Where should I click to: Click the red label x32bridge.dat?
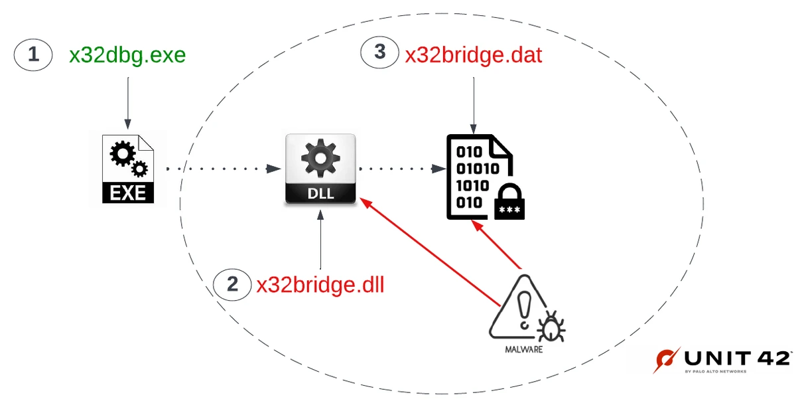pos(474,54)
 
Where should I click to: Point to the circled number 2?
pos(232,285)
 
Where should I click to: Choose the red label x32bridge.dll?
pos(320,285)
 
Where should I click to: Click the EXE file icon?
pos(127,168)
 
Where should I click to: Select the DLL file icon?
pos(321,169)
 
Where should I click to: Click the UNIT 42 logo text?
pos(736,359)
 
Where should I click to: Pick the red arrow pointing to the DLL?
pos(431,252)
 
